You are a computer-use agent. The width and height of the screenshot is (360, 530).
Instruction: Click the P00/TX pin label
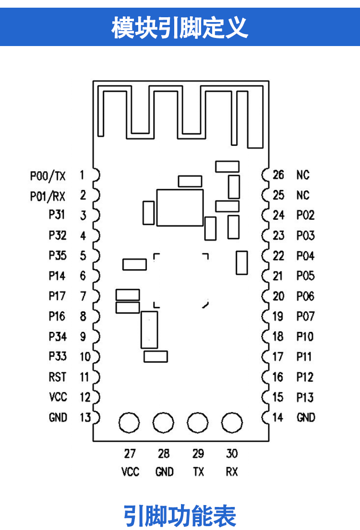pos(48,176)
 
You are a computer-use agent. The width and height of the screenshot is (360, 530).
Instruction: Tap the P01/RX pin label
pos(48,196)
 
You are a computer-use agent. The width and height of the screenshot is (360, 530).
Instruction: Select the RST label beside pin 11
pos(58,377)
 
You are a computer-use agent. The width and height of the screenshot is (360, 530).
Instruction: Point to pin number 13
pos(85,418)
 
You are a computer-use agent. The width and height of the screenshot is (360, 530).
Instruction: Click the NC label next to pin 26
pos(303,175)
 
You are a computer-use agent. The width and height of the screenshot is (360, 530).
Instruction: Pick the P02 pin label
pos(305,215)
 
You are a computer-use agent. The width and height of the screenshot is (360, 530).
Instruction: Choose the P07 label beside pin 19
pos(305,317)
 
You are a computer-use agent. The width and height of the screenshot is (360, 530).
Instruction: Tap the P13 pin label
pos(305,398)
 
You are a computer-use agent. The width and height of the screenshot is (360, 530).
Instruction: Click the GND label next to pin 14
pos(306,418)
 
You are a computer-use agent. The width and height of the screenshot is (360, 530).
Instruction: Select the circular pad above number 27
pos(129,423)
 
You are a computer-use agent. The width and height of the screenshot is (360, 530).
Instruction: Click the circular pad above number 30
pos(232,423)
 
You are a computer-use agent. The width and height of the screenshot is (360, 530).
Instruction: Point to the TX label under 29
pos(198,472)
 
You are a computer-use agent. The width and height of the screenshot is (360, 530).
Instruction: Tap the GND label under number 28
pos(164,472)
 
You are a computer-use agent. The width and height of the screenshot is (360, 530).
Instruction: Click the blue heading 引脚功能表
pos(180,516)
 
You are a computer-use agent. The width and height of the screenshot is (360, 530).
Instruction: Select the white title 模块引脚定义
pos(180,27)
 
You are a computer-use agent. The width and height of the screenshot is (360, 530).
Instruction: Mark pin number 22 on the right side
pos(278,256)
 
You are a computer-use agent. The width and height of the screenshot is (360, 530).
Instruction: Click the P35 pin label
pos(58,256)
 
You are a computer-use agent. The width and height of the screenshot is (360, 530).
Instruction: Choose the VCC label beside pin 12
pos(58,398)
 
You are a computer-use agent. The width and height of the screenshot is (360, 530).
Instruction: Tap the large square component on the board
pos(180,207)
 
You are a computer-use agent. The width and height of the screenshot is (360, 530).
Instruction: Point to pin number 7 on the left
pos(83,296)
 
